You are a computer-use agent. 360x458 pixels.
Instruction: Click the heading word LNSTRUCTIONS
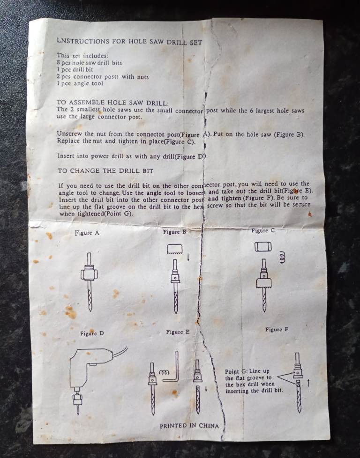pos(83,41)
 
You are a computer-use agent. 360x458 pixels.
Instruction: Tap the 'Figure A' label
pos(87,233)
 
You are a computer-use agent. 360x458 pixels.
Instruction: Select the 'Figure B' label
pos(174,232)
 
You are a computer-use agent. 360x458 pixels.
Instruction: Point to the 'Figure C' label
pos(263,230)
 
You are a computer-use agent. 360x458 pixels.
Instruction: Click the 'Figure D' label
pos(92,333)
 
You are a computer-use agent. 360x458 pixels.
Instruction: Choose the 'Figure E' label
pos(178,332)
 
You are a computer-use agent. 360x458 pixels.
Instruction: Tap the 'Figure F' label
pos(277,330)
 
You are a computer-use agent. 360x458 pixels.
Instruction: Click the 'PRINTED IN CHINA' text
pos(189,426)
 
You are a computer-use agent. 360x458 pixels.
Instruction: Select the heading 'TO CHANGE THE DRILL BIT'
pos(105,171)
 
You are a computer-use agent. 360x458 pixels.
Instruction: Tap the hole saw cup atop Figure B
pos(174,249)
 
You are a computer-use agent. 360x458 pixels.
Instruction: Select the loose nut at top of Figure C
pos(263,247)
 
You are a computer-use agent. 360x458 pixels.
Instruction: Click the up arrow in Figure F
pos(308,383)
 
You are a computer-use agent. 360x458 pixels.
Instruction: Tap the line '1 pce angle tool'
pos(80,83)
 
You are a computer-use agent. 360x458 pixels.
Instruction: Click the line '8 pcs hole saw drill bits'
pos(89,62)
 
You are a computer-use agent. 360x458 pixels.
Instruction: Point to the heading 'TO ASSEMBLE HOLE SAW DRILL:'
pos(112,103)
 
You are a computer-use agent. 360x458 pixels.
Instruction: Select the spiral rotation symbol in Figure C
pos(282,257)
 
